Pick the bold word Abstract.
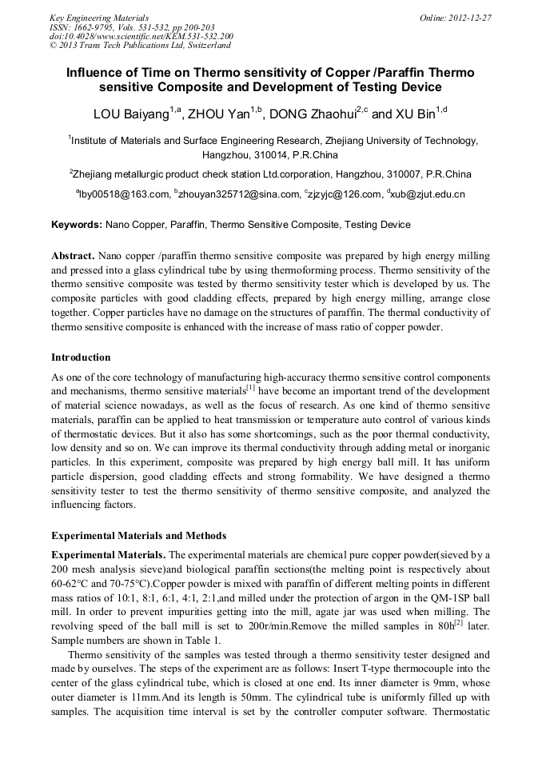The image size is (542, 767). point(73,256)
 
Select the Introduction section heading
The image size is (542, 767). point(81,357)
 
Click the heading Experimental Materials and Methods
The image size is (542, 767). point(138,535)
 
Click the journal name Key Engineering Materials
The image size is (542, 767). point(99,17)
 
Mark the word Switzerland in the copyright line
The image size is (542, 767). point(201,46)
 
